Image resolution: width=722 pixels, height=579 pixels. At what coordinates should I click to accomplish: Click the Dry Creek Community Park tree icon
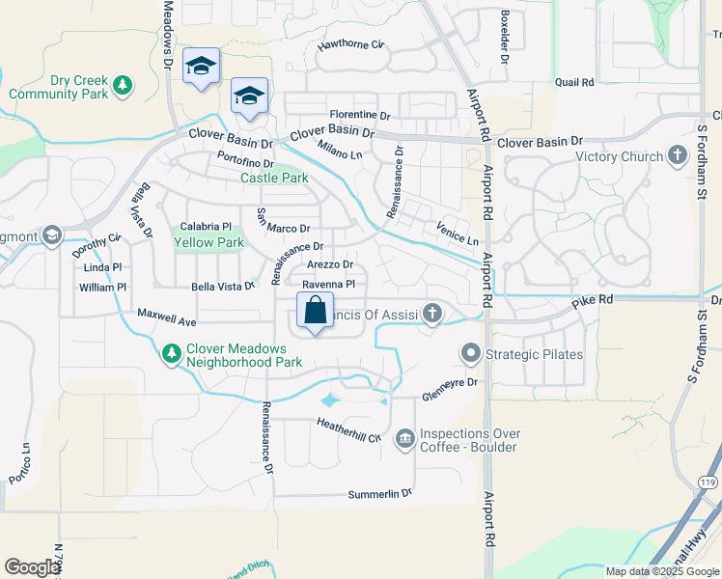pyautogui.click(x=122, y=86)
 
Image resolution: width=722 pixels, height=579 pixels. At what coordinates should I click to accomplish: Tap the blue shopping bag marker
pyautogui.click(x=315, y=312)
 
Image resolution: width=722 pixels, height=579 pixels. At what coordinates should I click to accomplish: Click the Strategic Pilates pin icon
pyautogui.click(x=471, y=354)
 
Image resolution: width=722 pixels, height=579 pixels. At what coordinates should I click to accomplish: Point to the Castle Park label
pyautogui.click(x=274, y=179)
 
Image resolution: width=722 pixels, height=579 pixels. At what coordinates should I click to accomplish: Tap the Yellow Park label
pyautogui.click(x=208, y=243)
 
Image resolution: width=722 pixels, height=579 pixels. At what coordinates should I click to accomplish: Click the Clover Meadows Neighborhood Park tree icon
pyautogui.click(x=171, y=355)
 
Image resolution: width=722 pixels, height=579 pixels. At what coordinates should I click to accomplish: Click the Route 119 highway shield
pyautogui.click(x=708, y=480)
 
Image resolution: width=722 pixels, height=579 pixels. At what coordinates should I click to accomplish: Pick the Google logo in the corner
pyautogui.click(x=32, y=567)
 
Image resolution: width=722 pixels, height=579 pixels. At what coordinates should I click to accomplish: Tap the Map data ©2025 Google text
pyautogui.click(x=663, y=571)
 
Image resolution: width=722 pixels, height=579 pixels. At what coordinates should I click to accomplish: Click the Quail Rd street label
pyautogui.click(x=574, y=83)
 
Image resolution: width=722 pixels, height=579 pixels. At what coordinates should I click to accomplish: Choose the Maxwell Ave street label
pyautogui.click(x=167, y=316)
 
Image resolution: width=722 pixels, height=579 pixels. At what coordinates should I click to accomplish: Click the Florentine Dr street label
pyautogui.click(x=359, y=116)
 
